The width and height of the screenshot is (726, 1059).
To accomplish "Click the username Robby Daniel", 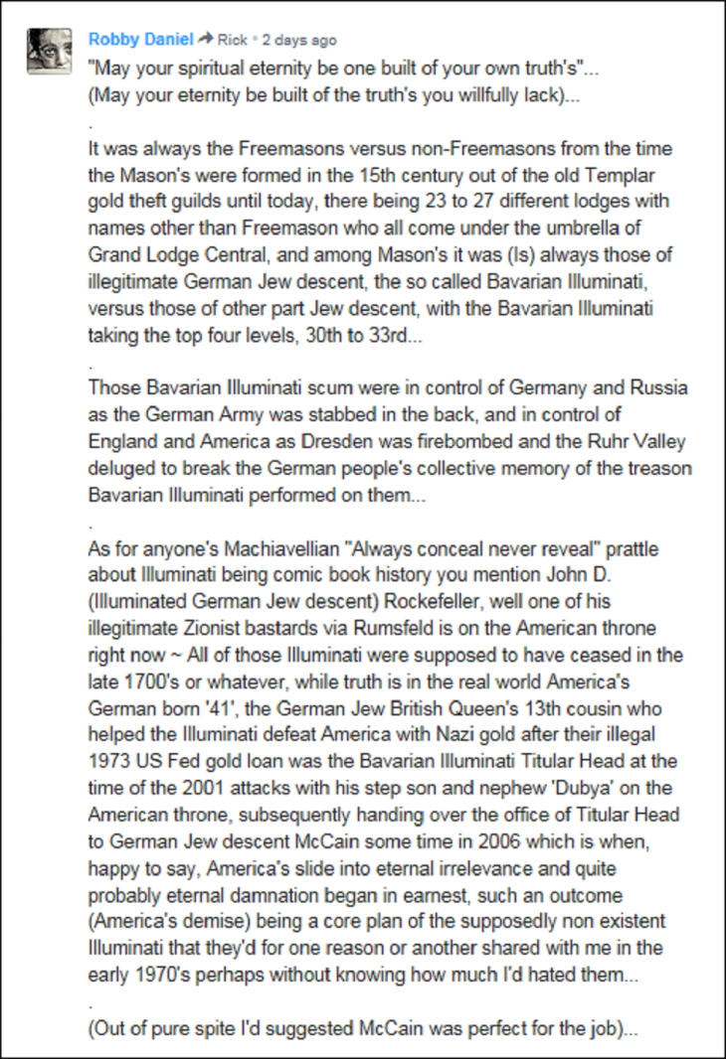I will click(140, 40).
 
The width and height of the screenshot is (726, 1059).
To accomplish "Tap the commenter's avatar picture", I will click(49, 51).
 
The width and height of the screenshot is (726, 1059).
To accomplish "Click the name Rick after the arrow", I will click(232, 41).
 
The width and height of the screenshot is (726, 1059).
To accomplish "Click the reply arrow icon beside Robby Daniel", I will click(206, 40).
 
